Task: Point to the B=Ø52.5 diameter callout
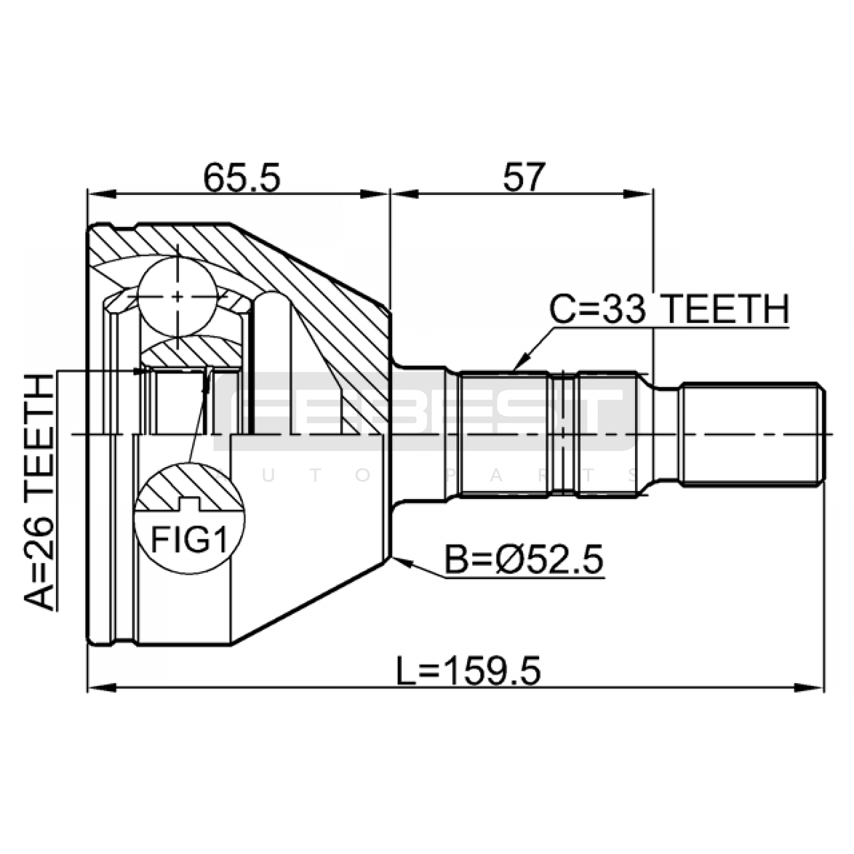(x=524, y=560)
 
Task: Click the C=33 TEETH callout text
(x=669, y=310)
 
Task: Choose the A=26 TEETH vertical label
(x=39, y=492)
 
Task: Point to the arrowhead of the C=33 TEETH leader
(x=520, y=362)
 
